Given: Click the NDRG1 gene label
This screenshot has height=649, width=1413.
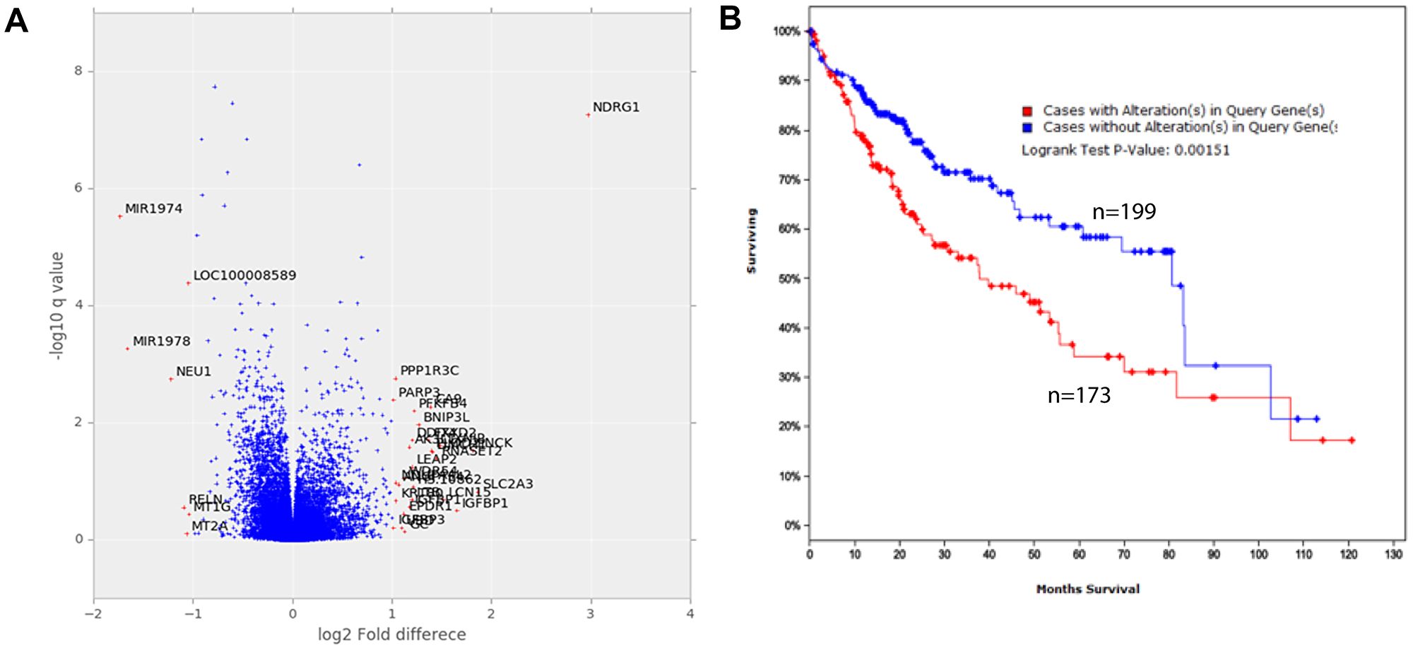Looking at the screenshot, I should click(x=615, y=107).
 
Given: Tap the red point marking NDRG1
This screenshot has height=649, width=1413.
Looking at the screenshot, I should click(x=588, y=115).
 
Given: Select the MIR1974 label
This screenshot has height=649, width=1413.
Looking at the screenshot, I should click(x=153, y=209).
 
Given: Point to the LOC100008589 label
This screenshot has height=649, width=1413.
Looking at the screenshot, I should click(x=244, y=276).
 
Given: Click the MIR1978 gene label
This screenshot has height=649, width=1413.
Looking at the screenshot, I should click(x=161, y=341).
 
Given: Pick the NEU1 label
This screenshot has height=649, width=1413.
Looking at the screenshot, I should click(x=193, y=372).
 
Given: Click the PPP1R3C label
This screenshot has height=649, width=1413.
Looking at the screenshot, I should click(x=429, y=371).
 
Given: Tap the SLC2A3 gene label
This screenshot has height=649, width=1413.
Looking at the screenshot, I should click(x=507, y=484).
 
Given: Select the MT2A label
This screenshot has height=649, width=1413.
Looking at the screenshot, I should click(x=209, y=527).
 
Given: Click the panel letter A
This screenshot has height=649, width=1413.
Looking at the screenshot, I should click(x=16, y=21).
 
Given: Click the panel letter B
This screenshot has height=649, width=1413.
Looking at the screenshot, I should click(x=730, y=18).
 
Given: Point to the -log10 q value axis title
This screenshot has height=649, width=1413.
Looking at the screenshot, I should click(x=57, y=305).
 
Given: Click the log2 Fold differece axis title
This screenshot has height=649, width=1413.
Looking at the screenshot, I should click(x=391, y=634).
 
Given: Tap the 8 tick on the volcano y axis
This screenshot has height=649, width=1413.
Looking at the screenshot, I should click(x=78, y=71).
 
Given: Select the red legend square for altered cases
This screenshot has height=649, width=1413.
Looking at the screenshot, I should click(x=1027, y=111).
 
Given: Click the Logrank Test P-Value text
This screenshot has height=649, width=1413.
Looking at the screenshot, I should click(x=1125, y=151).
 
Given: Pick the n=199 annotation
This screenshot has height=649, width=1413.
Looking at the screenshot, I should click(x=1123, y=212).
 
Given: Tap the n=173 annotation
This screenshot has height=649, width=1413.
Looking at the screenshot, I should click(x=1079, y=395).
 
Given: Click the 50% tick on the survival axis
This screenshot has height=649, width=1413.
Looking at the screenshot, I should click(x=788, y=279).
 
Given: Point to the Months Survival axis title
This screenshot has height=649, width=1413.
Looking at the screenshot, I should click(x=1087, y=589).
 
